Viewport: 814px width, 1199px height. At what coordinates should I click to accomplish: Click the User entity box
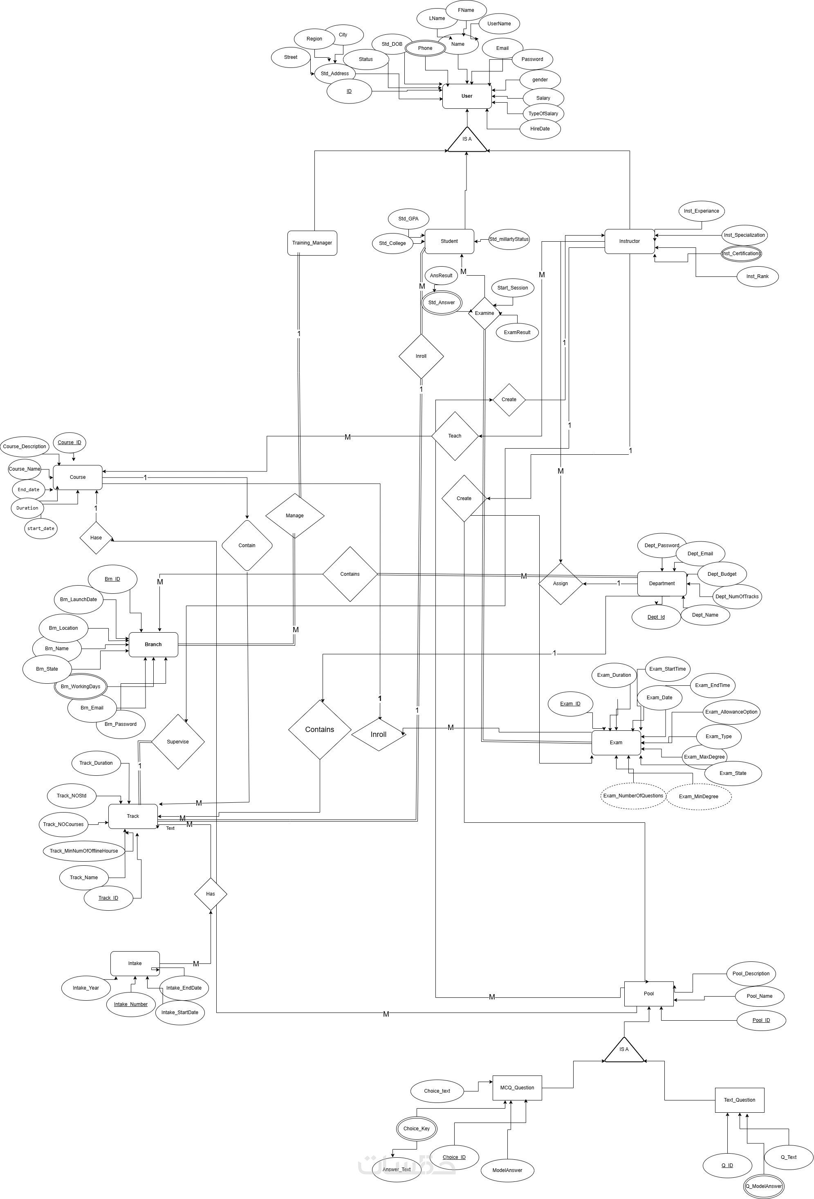point(466,96)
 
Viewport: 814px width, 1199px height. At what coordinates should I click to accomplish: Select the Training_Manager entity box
point(312,242)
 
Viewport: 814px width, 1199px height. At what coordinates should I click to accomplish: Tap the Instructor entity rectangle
point(629,241)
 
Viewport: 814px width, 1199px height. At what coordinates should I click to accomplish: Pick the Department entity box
point(662,583)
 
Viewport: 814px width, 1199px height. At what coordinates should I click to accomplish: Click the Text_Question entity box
point(739,1100)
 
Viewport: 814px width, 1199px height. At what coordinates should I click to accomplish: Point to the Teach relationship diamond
point(455,436)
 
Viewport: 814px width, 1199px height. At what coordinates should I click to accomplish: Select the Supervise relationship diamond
point(177,741)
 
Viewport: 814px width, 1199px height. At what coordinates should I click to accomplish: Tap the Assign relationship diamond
point(560,583)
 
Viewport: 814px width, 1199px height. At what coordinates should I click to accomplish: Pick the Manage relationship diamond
point(294,515)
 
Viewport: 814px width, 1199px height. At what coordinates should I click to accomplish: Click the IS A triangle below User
point(467,140)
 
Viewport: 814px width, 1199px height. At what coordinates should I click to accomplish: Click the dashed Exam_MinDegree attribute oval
point(698,796)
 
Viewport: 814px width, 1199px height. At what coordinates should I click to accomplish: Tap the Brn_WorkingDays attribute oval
point(81,686)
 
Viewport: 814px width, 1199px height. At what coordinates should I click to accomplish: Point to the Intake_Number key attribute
point(130,1004)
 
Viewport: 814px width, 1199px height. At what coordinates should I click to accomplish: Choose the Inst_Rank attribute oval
point(757,276)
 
